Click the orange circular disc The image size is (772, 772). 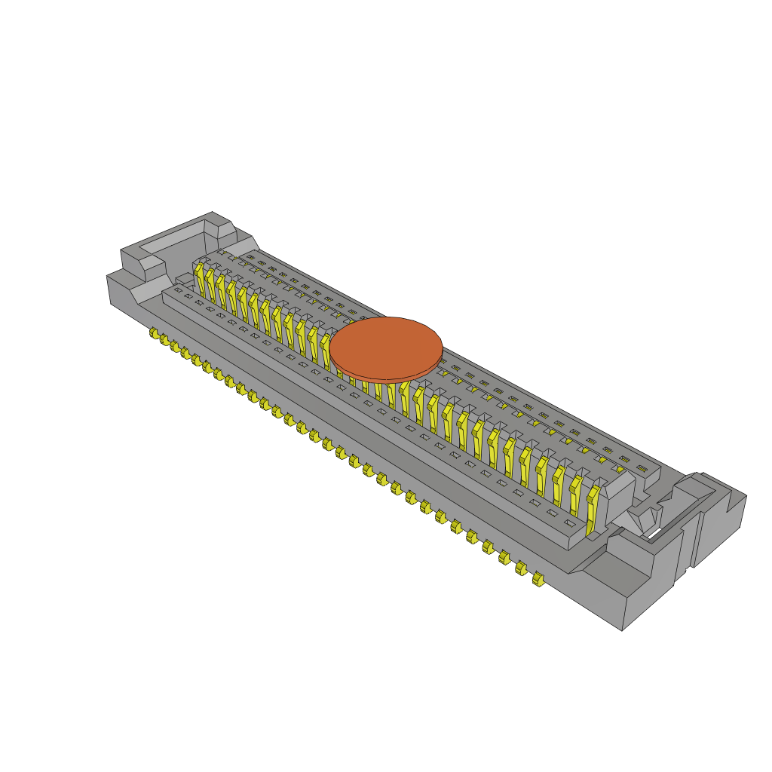385,347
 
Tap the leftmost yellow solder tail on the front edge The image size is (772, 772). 154,332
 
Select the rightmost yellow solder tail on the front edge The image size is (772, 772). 538,579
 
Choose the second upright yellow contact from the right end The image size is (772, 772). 575,495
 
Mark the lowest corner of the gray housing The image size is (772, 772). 622,630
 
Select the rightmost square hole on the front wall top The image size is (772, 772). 571,522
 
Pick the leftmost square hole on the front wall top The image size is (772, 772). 179,289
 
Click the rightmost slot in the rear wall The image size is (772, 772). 642,468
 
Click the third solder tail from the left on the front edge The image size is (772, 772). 175,346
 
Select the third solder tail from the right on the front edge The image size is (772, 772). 504,557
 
